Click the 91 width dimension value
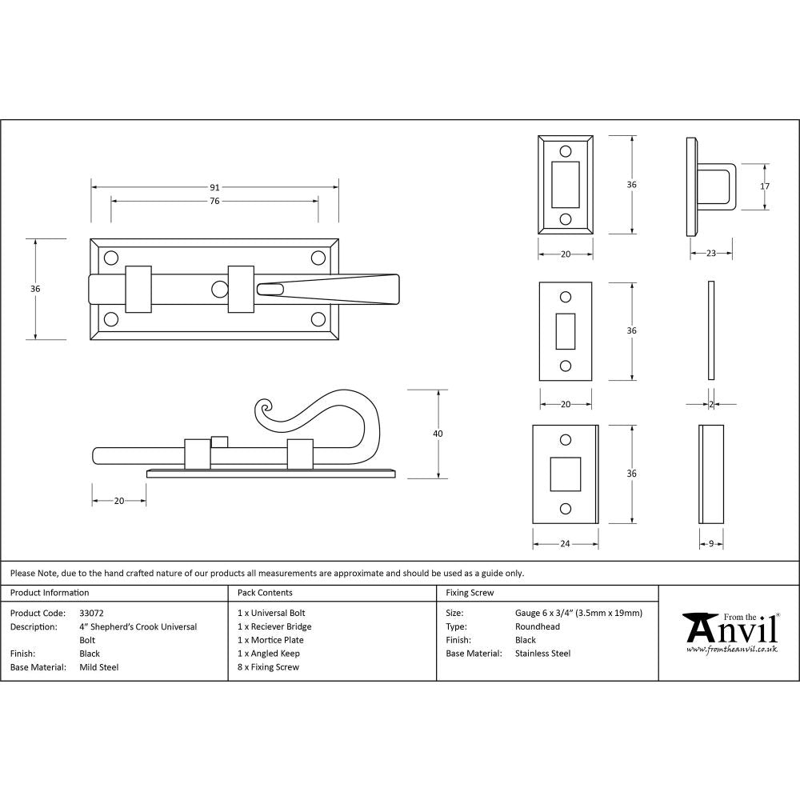[x=214, y=187]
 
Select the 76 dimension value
[x=214, y=201]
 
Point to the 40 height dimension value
[x=437, y=434]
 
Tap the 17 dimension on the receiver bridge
[x=765, y=186]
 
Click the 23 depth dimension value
[x=710, y=254]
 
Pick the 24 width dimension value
[x=565, y=544]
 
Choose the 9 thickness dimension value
[x=711, y=544]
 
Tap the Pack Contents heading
[x=265, y=593]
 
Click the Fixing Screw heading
[x=470, y=593]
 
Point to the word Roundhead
[x=538, y=626]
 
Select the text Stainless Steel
[x=542, y=654]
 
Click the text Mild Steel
[x=98, y=667]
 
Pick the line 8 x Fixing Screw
[x=268, y=667]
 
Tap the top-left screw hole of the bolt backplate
[x=111, y=257]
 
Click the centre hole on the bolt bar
[x=218, y=289]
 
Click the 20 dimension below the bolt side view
[x=118, y=501]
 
